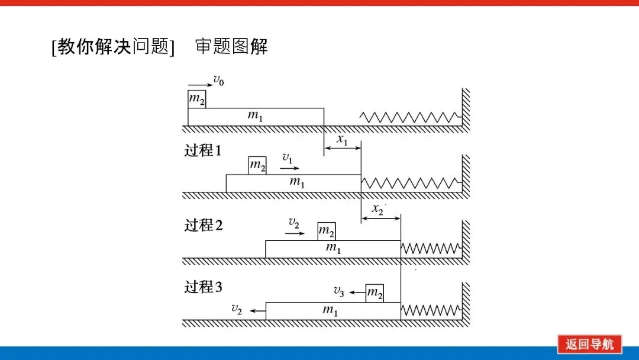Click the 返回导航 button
(589, 344)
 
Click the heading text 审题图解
(231, 46)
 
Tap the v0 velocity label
(219, 80)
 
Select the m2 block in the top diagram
(197, 99)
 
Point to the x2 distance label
(378, 210)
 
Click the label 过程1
(202, 150)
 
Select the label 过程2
(203, 225)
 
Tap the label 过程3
(203, 287)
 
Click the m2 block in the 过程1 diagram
(257, 166)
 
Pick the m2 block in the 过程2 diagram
(327, 231)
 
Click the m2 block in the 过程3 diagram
(375, 292)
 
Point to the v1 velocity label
(288, 158)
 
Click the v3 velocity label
(339, 290)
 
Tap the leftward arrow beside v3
(356, 292)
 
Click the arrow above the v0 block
(199, 85)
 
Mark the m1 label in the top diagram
(255, 117)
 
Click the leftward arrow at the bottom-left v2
(256, 310)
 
